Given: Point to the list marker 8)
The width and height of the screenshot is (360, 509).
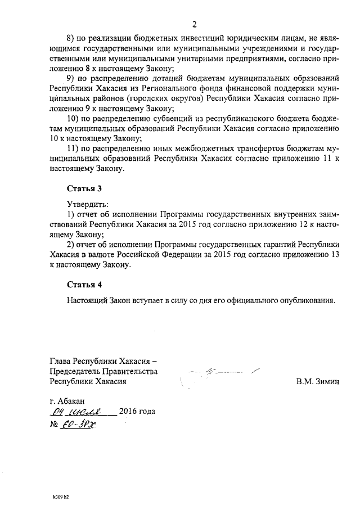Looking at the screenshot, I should (x=72, y=38).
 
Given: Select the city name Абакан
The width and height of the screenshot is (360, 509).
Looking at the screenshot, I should (x=72, y=400).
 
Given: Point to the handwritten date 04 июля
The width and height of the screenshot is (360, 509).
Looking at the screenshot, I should (x=81, y=412).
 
